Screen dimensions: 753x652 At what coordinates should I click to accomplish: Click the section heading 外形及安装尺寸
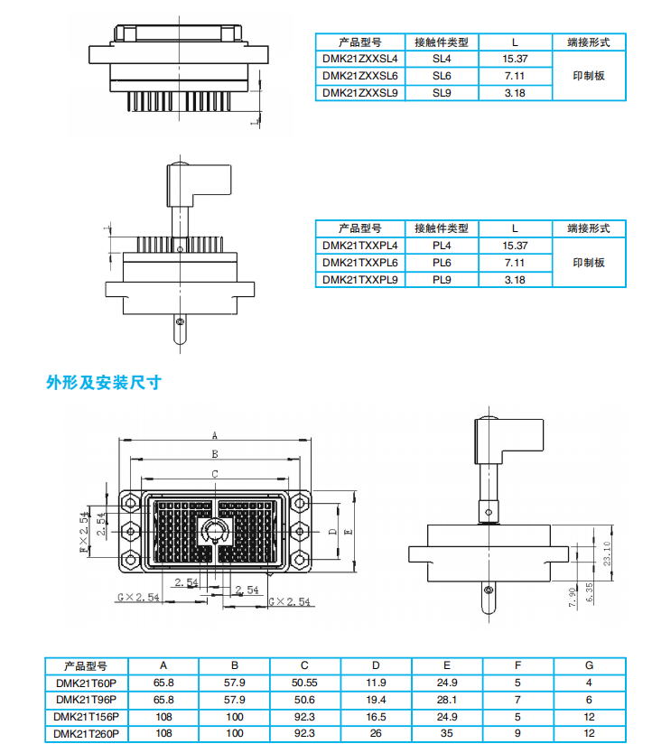[x=103, y=382]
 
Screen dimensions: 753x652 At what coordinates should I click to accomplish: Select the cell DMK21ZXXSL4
[x=360, y=59]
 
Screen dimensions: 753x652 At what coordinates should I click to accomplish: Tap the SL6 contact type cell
[x=442, y=76]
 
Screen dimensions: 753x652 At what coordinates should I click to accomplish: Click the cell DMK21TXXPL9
[x=360, y=280]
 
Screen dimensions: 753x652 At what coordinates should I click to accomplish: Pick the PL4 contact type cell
[x=442, y=246]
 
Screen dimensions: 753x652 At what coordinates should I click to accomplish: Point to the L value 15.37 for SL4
[x=515, y=59]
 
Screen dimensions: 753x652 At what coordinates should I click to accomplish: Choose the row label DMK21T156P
[x=86, y=717]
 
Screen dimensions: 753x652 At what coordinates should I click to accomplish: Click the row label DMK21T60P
[x=86, y=683]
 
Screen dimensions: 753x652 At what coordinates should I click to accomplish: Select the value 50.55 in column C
[x=304, y=683]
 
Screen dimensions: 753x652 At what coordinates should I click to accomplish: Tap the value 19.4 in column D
[x=377, y=700]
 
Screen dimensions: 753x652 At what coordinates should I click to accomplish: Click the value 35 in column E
[x=448, y=734]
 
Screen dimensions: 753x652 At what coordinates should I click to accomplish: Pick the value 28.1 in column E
[x=448, y=700]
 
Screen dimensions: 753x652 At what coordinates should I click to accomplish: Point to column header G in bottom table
[x=588, y=665]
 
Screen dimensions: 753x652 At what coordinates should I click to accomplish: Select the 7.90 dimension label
[x=573, y=597]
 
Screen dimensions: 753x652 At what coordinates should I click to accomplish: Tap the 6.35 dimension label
[x=590, y=592]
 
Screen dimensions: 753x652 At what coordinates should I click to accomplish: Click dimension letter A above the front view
[x=215, y=434]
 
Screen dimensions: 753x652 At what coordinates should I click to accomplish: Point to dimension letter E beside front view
[x=349, y=534]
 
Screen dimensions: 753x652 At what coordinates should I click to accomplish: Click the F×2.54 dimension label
[x=83, y=534]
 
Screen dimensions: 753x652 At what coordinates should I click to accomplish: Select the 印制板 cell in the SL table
[x=588, y=76]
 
